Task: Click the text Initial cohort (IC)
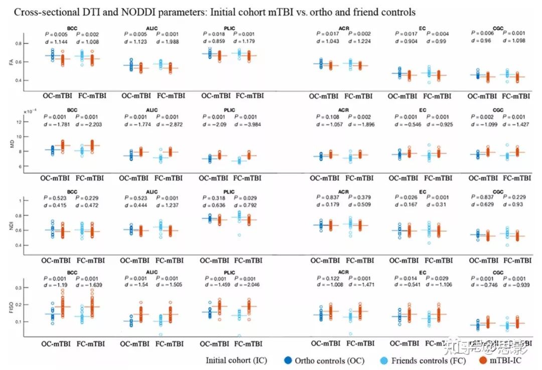click(236, 360)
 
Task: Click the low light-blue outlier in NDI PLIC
click(239, 234)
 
